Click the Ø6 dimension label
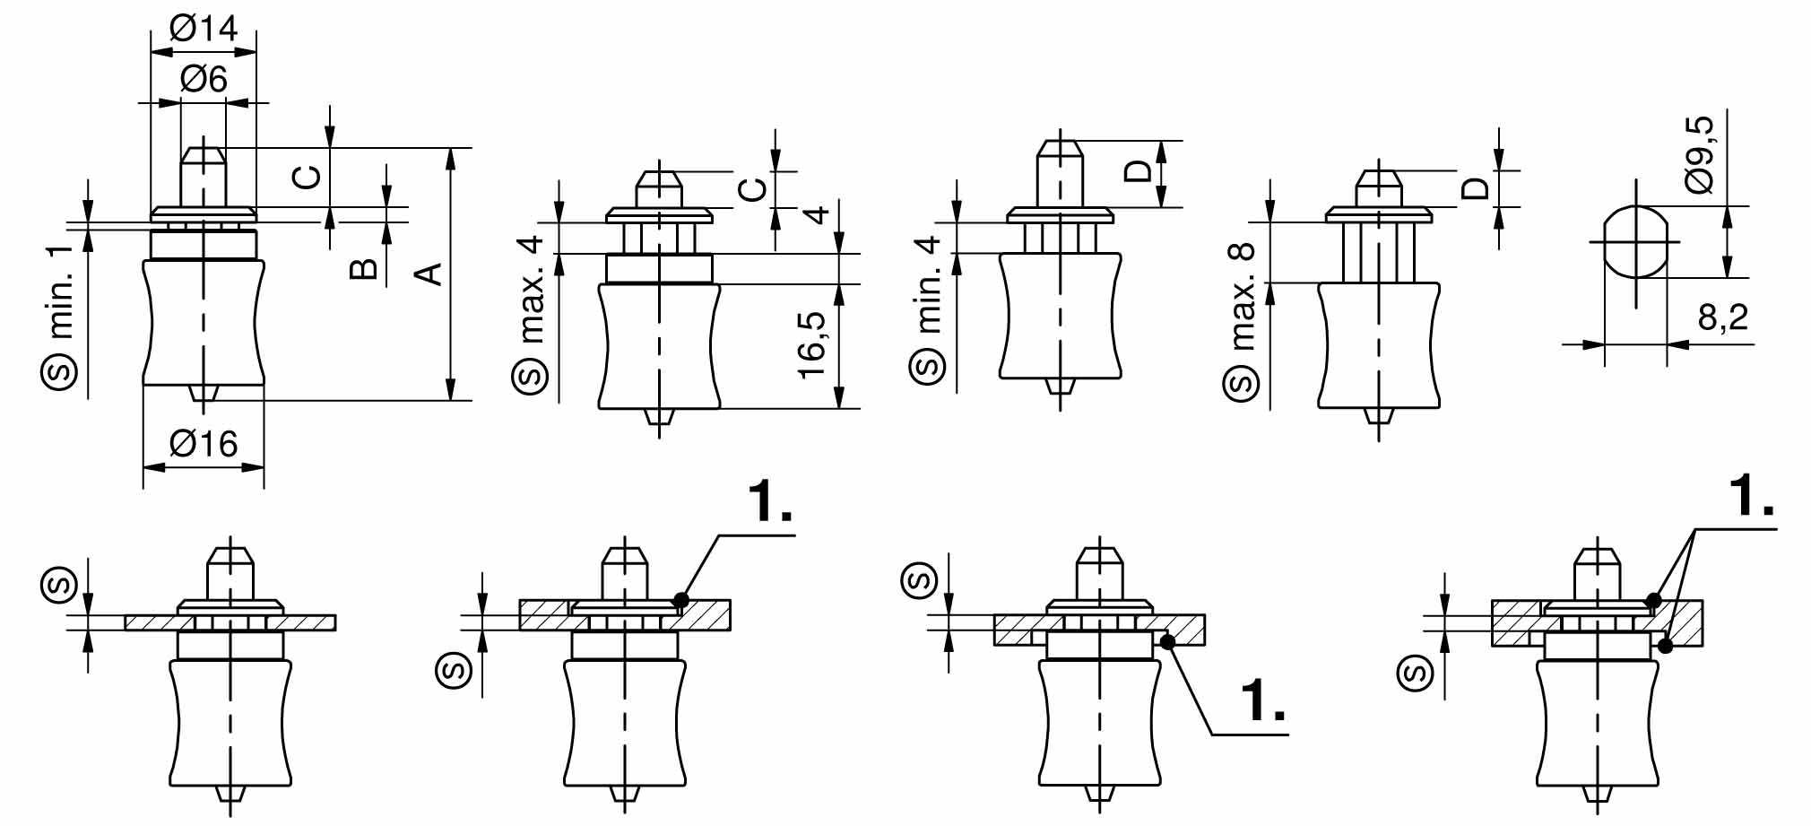click(204, 79)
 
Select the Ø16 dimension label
click(204, 443)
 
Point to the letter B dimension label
click(363, 268)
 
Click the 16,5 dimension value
click(812, 345)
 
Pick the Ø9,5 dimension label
click(1698, 153)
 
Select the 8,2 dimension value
click(1722, 317)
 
